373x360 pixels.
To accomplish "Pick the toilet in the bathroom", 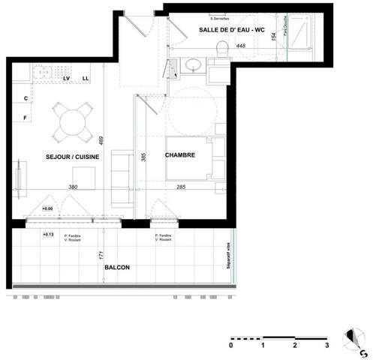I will tap(221, 49).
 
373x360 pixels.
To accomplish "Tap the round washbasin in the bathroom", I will tap(192, 64).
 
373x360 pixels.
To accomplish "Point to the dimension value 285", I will tap(181, 187).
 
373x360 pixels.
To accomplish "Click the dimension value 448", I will tap(241, 46).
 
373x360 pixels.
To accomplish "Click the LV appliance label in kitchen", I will tap(67, 78).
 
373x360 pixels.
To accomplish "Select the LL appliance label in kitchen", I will tap(86, 78).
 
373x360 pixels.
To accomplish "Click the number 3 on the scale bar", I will tap(326, 346).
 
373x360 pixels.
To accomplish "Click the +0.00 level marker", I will tap(47, 208).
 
